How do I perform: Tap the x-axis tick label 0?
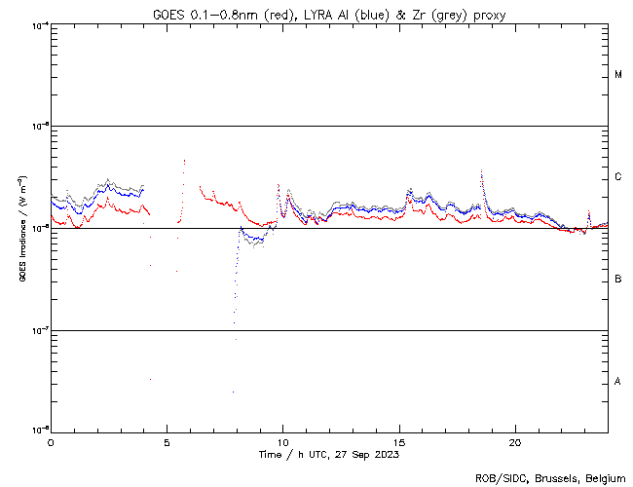(x=51, y=440)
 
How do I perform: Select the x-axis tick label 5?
(x=167, y=440)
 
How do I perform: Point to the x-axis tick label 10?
(x=282, y=440)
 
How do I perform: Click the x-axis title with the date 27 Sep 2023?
(x=329, y=454)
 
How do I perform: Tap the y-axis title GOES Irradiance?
(x=20, y=229)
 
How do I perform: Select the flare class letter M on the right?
(x=618, y=75)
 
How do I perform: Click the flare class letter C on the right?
(x=618, y=177)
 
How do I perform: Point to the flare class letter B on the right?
(x=618, y=280)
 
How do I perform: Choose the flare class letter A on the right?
(x=618, y=381)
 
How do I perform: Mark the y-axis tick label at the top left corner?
(x=39, y=24)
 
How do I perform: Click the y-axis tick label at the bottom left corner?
(x=39, y=430)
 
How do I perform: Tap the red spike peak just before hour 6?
(x=183, y=161)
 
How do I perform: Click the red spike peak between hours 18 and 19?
(x=481, y=170)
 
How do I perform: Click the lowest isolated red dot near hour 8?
(x=233, y=392)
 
